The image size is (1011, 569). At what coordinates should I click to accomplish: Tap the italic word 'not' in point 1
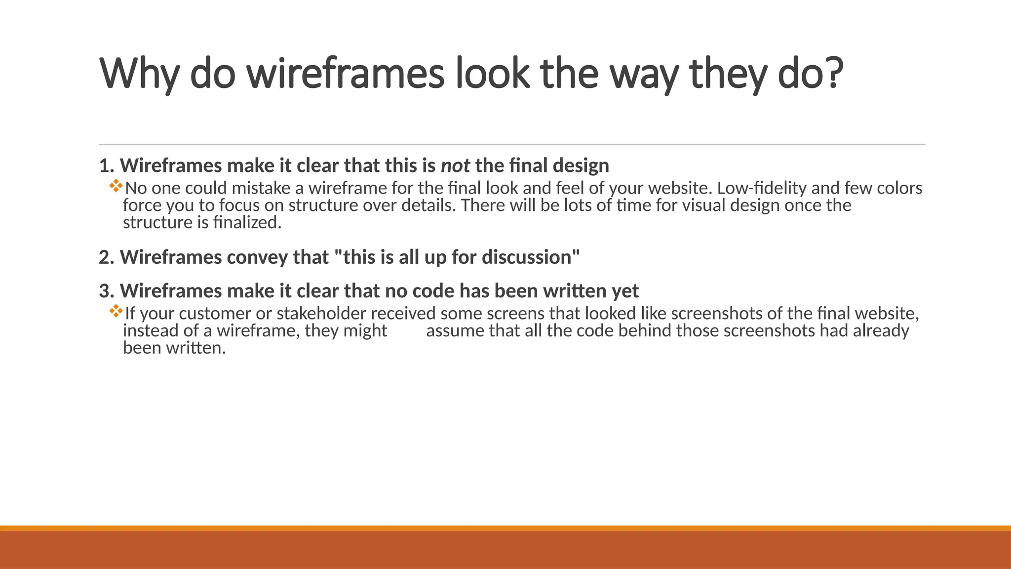point(455,165)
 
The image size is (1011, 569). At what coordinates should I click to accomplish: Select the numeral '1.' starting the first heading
point(107,165)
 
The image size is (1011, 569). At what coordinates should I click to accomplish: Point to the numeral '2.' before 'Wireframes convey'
point(107,257)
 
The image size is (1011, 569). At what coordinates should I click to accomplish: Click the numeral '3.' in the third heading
point(107,291)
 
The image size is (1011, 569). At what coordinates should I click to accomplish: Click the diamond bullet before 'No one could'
point(117,186)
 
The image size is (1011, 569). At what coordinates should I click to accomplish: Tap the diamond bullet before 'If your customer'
point(117,311)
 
